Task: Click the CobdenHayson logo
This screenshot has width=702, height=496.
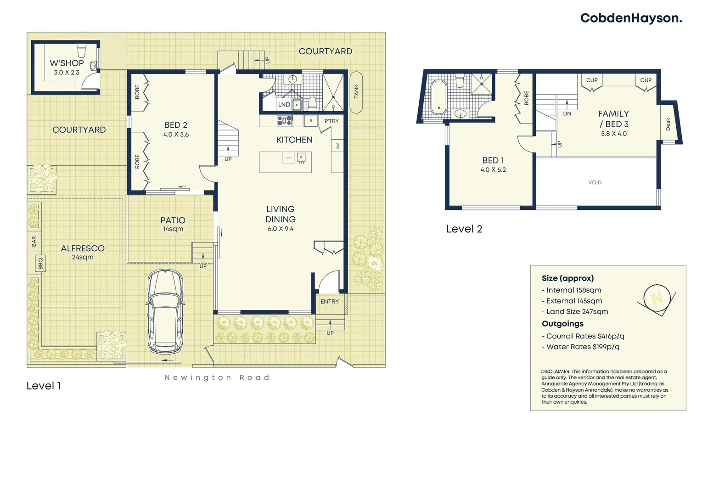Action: [x=631, y=18]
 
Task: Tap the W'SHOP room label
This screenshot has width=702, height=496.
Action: [x=67, y=63]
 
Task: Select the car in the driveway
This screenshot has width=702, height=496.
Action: [x=165, y=311]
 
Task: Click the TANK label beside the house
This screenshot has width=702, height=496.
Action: [x=356, y=92]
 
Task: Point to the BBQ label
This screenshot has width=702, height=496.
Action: [x=40, y=264]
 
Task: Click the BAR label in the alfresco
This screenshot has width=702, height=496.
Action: [x=34, y=242]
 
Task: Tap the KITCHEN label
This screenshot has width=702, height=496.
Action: [x=294, y=140]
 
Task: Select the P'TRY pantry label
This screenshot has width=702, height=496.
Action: [x=331, y=121]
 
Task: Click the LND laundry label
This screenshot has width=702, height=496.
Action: [x=284, y=105]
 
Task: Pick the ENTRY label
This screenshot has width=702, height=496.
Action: [x=329, y=302]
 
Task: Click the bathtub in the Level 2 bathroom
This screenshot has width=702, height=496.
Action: [x=438, y=97]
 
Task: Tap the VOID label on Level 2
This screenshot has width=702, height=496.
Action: [x=595, y=183]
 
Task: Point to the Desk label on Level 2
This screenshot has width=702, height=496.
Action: [x=668, y=124]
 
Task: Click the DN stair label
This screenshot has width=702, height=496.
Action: [x=567, y=114]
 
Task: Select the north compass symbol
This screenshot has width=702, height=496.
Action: [x=657, y=299]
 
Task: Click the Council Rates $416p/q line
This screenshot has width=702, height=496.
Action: [x=583, y=336]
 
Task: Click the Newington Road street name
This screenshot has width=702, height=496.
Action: [x=217, y=378]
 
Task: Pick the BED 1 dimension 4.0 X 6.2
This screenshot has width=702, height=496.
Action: [x=493, y=170]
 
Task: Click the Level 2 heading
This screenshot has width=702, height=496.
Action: [x=464, y=229]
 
